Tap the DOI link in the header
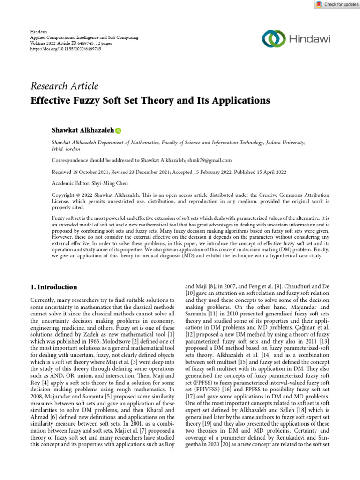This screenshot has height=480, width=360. [x=60, y=48]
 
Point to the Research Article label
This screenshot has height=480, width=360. [x=64, y=86]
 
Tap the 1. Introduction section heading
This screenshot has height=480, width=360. [x=54, y=287]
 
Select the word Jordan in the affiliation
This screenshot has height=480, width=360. [x=73, y=149]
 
